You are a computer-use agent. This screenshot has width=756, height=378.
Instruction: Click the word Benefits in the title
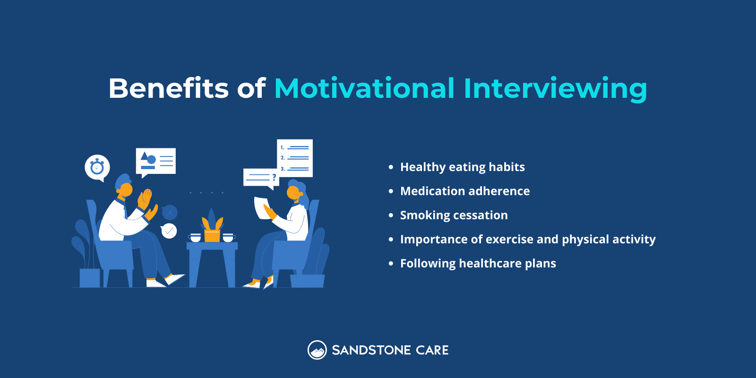(x=169, y=88)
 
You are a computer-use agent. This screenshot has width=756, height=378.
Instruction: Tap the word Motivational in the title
(x=364, y=88)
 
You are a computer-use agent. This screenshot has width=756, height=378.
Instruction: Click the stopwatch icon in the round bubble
(x=97, y=167)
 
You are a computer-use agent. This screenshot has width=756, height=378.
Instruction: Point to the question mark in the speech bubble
(x=274, y=177)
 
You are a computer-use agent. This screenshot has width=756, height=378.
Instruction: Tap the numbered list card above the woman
(x=295, y=158)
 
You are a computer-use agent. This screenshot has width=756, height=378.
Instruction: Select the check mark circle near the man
(x=169, y=231)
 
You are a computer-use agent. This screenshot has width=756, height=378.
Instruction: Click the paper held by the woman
(x=261, y=208)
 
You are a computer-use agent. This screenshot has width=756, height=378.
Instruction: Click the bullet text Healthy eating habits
(x=462, y=167)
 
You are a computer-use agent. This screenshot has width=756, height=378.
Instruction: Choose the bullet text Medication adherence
(x=465, y=191)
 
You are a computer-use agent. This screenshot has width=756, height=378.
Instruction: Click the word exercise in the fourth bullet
(x=514, y=240)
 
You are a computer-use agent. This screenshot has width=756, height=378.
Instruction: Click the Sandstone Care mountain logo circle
(x=317, y=350)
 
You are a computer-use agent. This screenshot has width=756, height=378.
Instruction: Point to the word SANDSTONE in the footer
(x=371, y=351)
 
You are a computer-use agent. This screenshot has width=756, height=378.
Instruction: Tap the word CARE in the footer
(x=432, y=351)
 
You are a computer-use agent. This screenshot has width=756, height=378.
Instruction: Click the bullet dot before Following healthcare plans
(x=391, y=264)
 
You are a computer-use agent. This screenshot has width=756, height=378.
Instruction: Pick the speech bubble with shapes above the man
(x=156, y=161)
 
